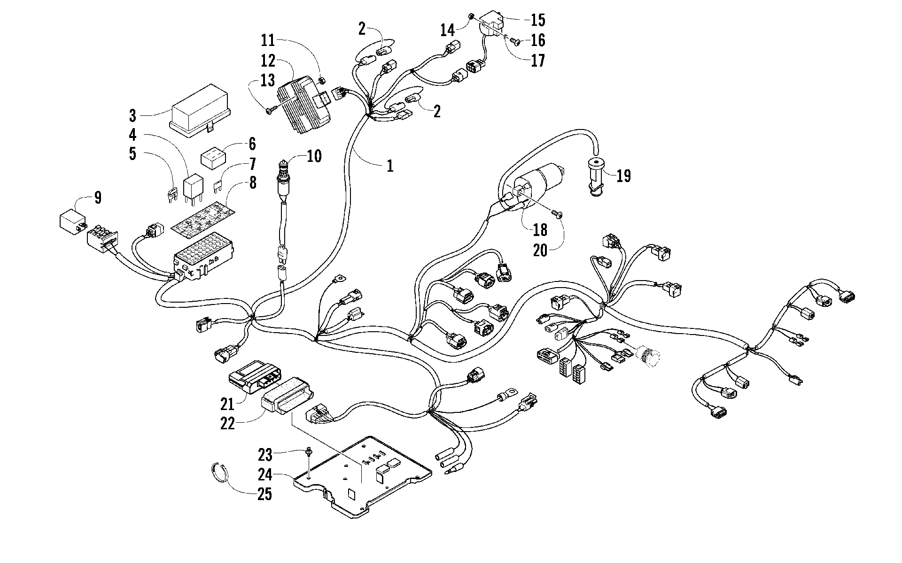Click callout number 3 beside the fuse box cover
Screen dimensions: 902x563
coord(133,114)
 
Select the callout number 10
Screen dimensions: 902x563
coord(314,156)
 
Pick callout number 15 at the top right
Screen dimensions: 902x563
coord(538,20)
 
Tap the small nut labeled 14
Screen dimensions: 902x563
coord(470,17)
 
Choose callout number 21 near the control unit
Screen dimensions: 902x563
coord(227,403)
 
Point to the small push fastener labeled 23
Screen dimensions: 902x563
coord(309,452)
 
